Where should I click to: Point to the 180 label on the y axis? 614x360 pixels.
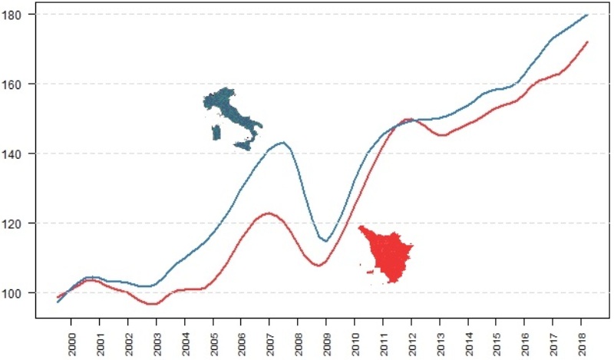[19, 15]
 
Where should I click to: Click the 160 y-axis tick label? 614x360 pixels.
[19, 84]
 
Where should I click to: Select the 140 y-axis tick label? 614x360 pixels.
[19, 154]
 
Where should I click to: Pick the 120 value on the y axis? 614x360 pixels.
[19, 223]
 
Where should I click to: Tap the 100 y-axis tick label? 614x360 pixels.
[19, 293]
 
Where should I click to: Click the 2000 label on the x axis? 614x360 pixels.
[71, 340]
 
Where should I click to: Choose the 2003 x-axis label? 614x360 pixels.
[157, 340]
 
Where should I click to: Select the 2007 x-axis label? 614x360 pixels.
[269, 340]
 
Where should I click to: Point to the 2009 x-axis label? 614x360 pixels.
[326, 340]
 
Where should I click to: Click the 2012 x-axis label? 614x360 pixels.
[411, 340]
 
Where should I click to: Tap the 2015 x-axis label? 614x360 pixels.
[496, 340]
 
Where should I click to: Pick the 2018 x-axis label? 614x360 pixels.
[581, 340]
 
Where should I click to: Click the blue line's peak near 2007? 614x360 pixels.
[283, 142]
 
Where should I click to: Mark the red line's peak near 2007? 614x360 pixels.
[269, 213]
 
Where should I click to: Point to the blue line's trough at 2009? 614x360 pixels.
[326, 241]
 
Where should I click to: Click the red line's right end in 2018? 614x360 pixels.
[587, 42]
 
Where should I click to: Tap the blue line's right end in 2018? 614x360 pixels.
[587, 15]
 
